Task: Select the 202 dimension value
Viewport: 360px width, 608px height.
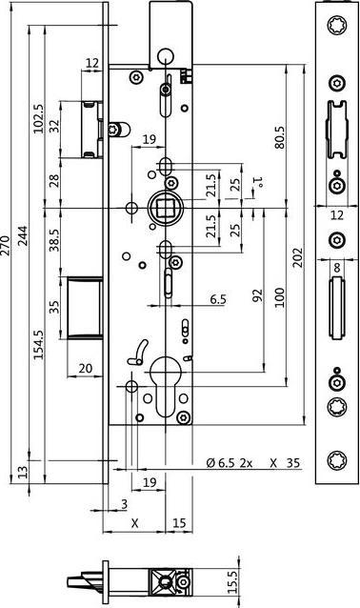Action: [x=298, y=257]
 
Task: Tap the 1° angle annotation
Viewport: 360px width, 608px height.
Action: [x=257, y=182]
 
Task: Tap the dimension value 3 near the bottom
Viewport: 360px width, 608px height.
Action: [x=124, y=504]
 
